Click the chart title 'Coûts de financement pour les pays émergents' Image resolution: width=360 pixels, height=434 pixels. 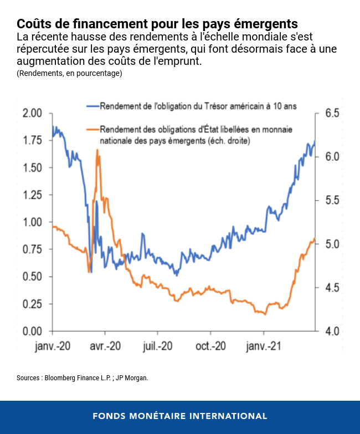tap(157, 24)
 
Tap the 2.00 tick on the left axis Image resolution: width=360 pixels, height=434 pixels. tap(33, 114)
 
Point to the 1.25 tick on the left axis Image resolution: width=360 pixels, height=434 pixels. tap(33, 195)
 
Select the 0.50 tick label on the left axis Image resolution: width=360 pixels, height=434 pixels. tap(33, 277)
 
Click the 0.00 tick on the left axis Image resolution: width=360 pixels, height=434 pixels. tap(33, 331)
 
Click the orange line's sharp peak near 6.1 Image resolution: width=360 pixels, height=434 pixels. tap(97, 150)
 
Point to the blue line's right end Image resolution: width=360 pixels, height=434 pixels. tap(315, 142)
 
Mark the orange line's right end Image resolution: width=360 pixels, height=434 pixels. tap(315, 239)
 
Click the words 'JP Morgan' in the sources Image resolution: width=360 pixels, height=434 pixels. tap(133, 378)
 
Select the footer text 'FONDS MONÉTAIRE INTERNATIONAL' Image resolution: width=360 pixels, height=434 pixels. tap(180, 416)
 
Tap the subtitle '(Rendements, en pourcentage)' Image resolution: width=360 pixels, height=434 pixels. tap(69, 73)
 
